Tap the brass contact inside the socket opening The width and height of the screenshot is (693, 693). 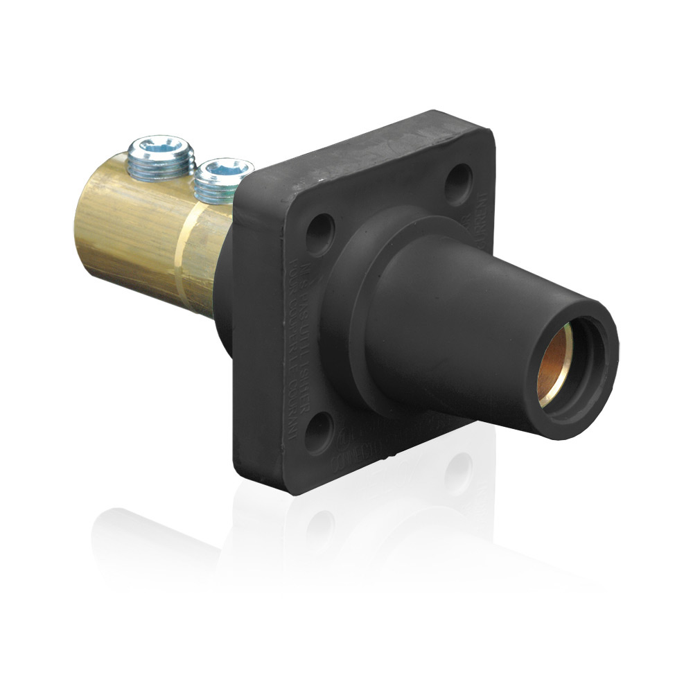(x=554, y=364)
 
